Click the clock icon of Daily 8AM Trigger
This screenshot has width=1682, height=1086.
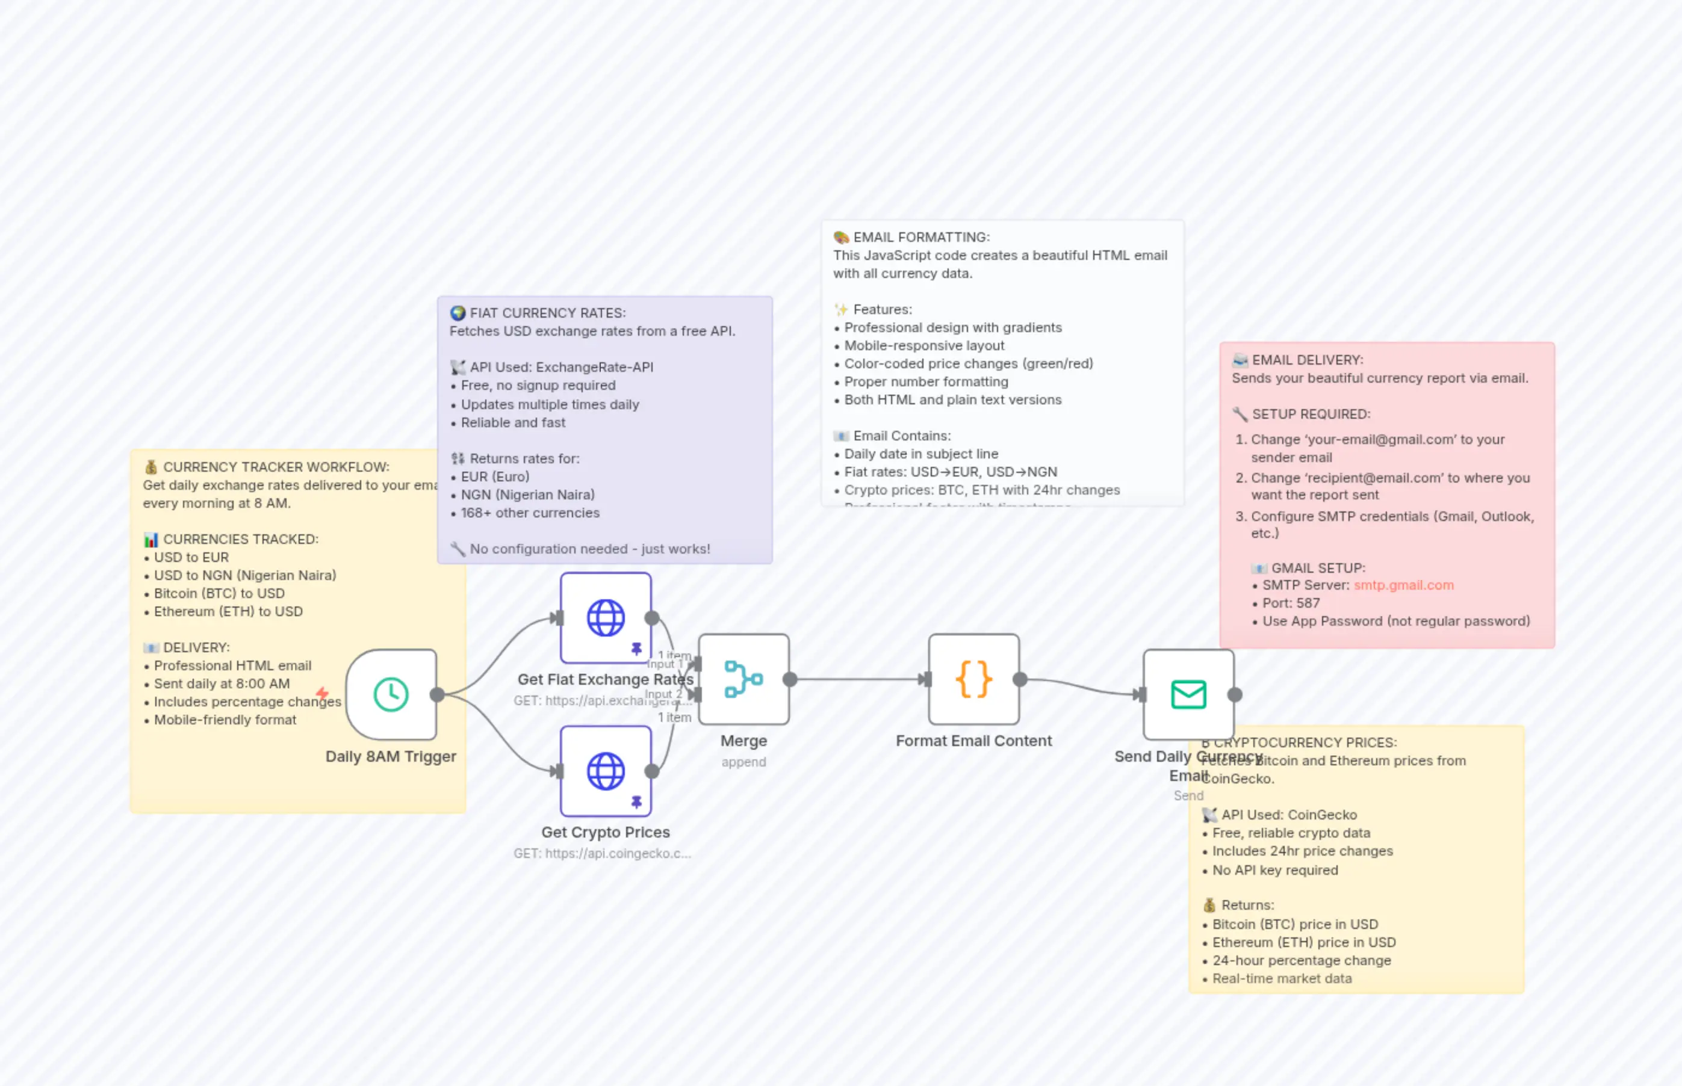391,694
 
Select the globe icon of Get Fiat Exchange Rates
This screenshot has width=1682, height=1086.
606,618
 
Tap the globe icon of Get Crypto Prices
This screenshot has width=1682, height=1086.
606,771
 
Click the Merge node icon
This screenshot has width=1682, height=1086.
743,679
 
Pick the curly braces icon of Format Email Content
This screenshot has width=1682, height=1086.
973,679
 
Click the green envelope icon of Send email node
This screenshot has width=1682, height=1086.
1188,694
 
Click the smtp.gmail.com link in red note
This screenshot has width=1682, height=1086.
1403,585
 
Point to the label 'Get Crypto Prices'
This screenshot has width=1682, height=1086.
606,832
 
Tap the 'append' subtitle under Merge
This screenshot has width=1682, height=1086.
743,762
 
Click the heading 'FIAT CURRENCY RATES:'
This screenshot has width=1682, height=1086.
547,313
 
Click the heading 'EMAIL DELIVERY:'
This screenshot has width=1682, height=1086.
1308,360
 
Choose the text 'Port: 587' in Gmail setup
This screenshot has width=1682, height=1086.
1291,603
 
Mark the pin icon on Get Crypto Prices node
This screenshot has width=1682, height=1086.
636,802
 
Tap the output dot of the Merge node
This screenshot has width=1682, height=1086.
790,679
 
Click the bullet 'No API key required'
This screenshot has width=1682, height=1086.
1275,870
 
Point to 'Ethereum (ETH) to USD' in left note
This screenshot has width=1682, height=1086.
229,611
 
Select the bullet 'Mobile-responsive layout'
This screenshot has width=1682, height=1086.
924,345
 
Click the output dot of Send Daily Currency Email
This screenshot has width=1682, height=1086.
1235,694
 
